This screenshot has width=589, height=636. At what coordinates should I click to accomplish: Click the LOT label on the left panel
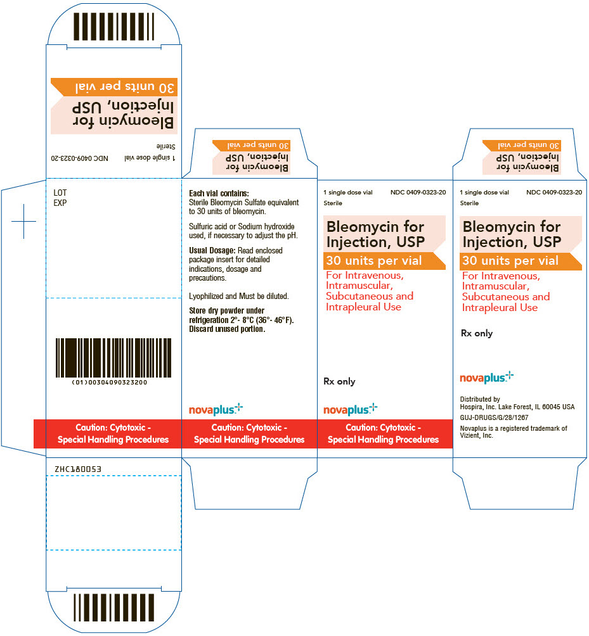[60, 193]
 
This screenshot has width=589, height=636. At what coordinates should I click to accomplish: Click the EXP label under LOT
[60, 203]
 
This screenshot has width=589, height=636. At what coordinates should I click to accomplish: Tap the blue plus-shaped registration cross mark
[24, 222]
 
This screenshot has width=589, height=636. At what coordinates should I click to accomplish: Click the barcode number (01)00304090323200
[110, 382]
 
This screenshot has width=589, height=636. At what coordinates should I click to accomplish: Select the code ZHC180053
[78, 469]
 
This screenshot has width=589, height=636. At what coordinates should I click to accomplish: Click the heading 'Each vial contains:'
[219, 193]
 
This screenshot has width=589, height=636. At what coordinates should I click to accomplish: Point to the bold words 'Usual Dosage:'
[212, 251]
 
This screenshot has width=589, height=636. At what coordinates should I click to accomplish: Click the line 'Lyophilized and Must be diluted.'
[238, 296]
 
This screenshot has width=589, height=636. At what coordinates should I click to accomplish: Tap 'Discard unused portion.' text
[227, 329]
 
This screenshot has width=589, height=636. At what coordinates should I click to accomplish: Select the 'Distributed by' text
[480, 399]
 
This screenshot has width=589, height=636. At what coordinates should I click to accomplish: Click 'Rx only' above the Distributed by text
[477, 333]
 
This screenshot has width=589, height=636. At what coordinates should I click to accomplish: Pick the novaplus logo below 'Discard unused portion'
[216, 409]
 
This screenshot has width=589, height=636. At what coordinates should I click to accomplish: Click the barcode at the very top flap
[113, 27]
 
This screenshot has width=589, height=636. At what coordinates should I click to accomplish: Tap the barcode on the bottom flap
[113, 607]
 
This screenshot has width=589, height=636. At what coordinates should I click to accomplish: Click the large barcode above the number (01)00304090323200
[113, 358]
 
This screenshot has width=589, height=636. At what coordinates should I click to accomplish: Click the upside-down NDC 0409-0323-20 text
[79, 158]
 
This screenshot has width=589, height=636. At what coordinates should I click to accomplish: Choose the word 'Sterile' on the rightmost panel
[469, 203]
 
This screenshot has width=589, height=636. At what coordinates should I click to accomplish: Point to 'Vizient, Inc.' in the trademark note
[476, 436]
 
